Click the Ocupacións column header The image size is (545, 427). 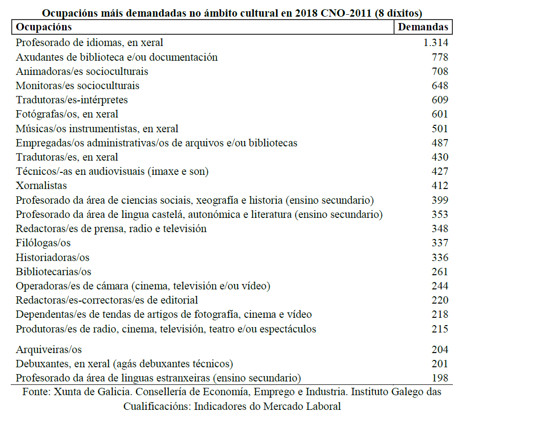click(44, 27)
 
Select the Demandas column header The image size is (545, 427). click(423, 27)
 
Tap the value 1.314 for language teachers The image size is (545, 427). click(436, 43)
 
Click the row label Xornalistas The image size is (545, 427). click(41, 186)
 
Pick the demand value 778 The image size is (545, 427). click(440, 57)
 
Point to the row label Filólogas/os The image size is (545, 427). click(43, 243)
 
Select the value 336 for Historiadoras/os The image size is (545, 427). click(440, 258)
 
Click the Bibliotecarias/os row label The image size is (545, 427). click(53, 272)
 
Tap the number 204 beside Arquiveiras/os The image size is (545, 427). click(440, 350)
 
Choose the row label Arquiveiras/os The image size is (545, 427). click(49, 350)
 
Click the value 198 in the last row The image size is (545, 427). click(440, 378)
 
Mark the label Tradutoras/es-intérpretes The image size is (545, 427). click(72, 100)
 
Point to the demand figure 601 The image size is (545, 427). click(440, 114)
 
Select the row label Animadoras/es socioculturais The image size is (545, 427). click(82, 71)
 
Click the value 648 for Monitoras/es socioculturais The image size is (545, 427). click(440, 86)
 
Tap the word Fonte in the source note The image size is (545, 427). click(35, 392)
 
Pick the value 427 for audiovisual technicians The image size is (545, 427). click(440, 172)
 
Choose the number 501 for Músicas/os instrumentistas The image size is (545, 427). click(440, 129)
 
